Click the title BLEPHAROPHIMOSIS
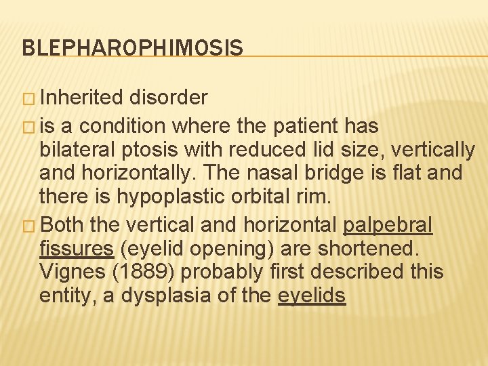[x=132, y=47]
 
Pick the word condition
[x=126, y=126]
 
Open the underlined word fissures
[x=77, y=248]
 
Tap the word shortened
[x=365, y=248]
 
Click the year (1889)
[x=152, y=272]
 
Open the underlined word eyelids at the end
[x=312, y=296]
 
